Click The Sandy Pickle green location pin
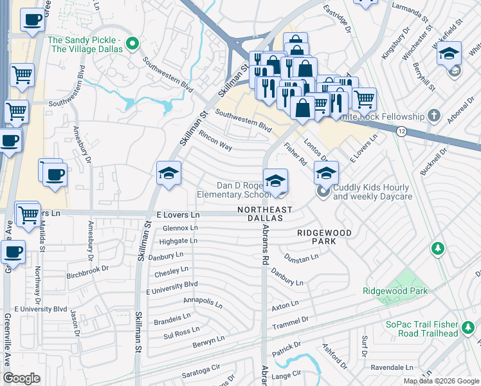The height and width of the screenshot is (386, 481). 132,44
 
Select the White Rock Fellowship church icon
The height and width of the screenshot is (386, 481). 434,116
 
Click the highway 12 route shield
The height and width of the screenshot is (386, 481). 401,131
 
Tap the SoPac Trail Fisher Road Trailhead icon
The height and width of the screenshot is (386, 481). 468,329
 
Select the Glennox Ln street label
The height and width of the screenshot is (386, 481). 179,228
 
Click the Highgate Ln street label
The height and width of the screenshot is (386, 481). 178,241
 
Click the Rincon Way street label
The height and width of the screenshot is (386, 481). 215,140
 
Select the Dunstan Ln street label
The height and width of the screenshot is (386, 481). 302,258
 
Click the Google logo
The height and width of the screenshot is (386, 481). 21,379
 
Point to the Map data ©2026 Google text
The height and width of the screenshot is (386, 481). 441,381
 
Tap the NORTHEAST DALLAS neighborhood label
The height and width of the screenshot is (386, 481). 264,214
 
